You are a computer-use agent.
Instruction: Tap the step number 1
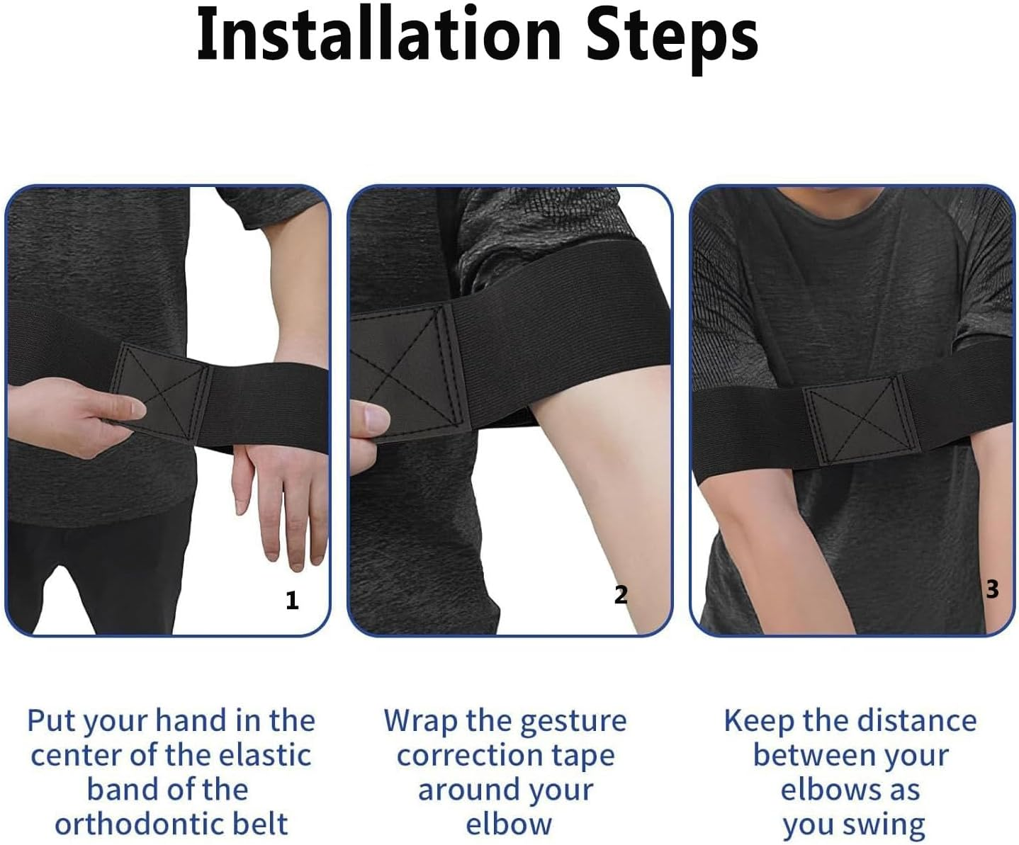(292, 601)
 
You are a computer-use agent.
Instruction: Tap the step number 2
(621, 595)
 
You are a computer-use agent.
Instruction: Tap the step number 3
(992, 589)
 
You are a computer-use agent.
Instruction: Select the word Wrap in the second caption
(420, 722)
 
